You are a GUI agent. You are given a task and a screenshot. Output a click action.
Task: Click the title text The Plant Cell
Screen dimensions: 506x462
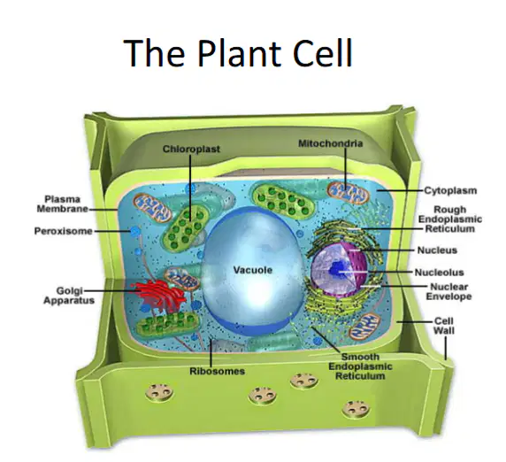tap(238, 52)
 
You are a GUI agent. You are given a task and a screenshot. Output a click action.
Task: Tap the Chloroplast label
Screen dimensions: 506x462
tap(191, 149)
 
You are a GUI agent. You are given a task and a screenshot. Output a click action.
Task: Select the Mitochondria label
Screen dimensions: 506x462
tap(330, 143)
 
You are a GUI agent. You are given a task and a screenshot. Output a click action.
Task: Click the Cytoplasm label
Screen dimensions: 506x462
tap(450, 190)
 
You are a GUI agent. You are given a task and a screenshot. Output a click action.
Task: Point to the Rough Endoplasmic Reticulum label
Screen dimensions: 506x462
tap(450, 219)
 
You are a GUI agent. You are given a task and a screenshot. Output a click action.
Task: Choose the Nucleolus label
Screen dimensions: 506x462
tap(439, 273)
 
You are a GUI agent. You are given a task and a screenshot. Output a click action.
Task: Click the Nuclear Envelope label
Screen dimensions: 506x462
tap(448, 291)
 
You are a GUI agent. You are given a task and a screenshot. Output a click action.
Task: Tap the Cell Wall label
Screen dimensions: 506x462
tap(444, 326)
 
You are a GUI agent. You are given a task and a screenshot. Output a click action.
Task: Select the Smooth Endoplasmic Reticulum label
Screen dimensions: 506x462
tap(360, 366)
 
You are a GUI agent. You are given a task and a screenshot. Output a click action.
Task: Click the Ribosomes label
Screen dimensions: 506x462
tap(217, 371)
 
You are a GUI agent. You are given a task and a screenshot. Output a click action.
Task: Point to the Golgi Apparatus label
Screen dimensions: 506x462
tap(69, 296)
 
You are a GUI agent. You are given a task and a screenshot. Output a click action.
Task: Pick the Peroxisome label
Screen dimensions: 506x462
tap(64, 231)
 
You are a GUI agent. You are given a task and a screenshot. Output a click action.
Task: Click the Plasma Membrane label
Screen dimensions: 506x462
tap(62, 204)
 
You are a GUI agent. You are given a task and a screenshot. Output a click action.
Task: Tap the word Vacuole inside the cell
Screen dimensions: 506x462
tap(253, 270)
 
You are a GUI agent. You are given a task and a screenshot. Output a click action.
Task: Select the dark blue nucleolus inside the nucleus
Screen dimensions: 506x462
tap(338, 271)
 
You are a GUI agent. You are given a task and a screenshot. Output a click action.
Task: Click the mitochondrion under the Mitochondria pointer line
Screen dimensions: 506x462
tap(348, 193)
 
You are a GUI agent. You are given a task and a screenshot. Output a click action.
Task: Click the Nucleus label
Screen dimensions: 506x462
tap(437, 250)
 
